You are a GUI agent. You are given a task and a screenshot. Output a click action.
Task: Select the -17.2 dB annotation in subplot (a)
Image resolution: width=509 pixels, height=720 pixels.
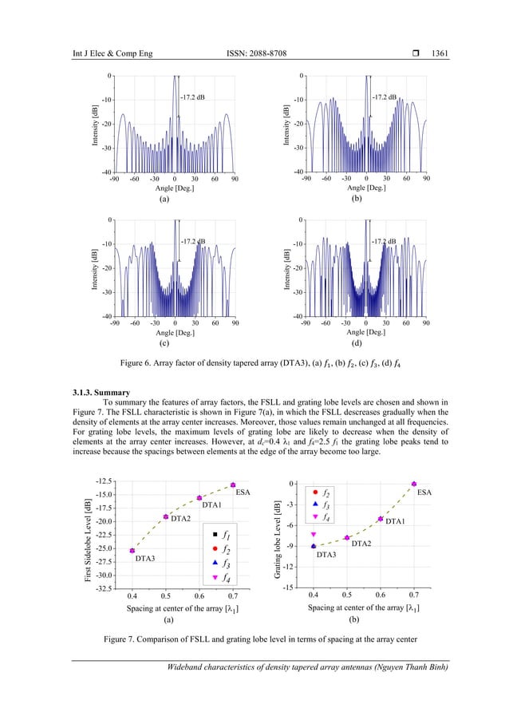pos(191,97)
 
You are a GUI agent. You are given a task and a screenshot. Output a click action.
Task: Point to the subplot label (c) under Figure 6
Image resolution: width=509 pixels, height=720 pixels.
pos(164,343)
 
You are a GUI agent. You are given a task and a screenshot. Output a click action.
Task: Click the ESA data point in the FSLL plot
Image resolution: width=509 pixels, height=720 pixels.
pos(233,485)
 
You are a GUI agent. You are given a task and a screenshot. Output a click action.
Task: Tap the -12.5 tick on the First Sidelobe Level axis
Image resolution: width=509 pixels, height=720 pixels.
pos(104,482)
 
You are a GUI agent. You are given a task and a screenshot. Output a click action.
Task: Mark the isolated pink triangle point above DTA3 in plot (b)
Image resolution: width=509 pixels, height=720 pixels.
pos(314,534)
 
